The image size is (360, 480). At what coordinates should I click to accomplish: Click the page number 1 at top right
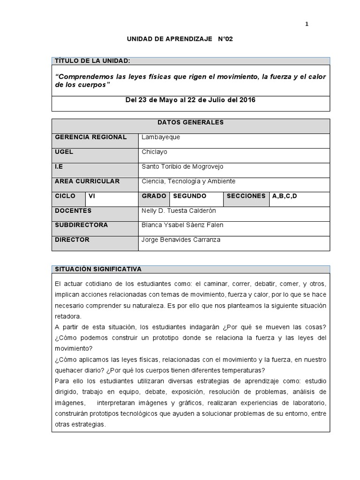pyautogui.click(x=307, y=24)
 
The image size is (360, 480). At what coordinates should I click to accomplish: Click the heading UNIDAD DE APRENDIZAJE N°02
pyautogui.click(x=180, y=40)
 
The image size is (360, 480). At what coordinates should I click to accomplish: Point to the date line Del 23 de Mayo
pyautogui.click(x=191, y=100)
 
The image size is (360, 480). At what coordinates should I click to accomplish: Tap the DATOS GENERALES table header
pyautogui.click(x=191, y=122)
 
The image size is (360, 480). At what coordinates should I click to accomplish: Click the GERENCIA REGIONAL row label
pyautogui.click(x=91, y=137)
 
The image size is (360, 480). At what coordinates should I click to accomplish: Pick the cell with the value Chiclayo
pyautogui.click(x=154, y=152)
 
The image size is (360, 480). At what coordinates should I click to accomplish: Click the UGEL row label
pyautogui.click(x=64, y=152)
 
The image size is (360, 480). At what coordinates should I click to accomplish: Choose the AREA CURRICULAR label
pyautogui.click(x=87, y=181)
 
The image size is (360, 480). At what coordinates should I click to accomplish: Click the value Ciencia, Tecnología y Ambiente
pyautogui.click(x=188, y=181)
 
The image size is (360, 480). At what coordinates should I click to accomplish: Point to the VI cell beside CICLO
pyautogui.click(x=92, y=196)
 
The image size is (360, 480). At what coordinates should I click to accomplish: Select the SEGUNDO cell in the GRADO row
pyautogui.click(x=189, y=196)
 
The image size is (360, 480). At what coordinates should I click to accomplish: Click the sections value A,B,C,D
pyautogui.click(x=285, y=196)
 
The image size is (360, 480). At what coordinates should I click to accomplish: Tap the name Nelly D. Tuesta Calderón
pyautogui.click(x=179, y=210)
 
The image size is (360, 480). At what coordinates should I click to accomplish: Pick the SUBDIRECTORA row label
pyautogui.click(x=82, y=225)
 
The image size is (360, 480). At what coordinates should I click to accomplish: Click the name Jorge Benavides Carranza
pyautogui.click(x=180, y=240)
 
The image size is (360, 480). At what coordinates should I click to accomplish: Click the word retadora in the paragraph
pyautogui.click(x=68, y=315)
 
